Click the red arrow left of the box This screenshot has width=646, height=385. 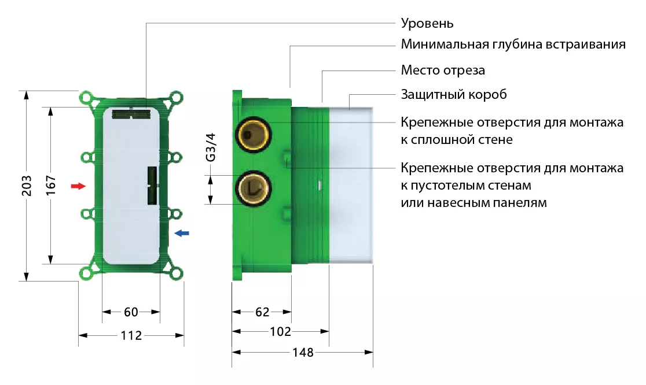click(x=78, y=186)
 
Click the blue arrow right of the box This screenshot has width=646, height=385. click(x=182, y=233)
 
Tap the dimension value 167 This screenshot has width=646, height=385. click(x=50, y=185)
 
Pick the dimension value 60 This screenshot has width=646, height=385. click(x=131, y=312)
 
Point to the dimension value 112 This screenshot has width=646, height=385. click(x=131, y=335)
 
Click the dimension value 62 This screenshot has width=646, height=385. click(x=262, y=312)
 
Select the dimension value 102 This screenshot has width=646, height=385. click(x=280, y=332)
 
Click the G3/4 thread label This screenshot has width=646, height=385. click(x=211, y=147)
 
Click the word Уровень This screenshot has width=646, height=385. click(x=427, y=24)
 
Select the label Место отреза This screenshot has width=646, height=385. click(x=443, y=71)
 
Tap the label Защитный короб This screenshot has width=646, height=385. click(x=454, y=94)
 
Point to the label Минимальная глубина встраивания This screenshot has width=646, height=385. click(x=513, y=45)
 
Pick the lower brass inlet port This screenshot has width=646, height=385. click(x=252, y=188)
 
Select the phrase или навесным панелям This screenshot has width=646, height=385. click(x=474, y=203)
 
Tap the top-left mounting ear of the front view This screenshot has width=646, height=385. click(x=86, y=99)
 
